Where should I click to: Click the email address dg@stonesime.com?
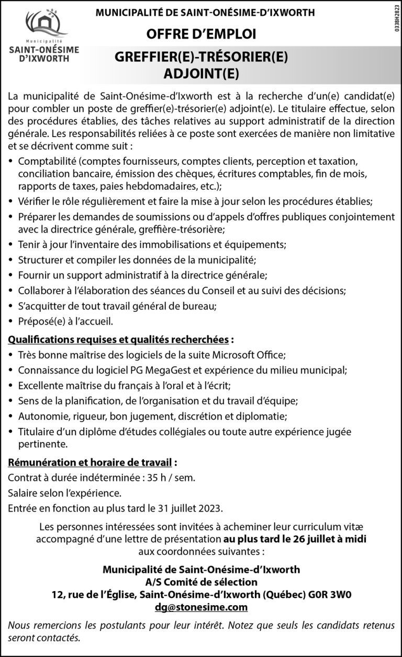click(202, 607)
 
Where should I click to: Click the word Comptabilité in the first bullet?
click(47, 160)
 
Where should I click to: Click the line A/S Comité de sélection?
click(202, 582)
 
